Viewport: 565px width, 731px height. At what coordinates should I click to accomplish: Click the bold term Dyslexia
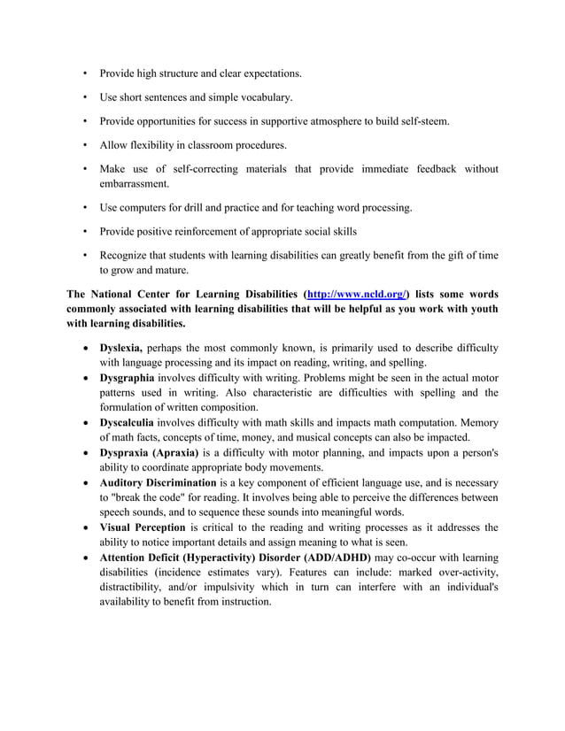(x=121, y=346)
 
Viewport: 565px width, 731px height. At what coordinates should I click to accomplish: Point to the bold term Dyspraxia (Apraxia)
(x=149, y=452)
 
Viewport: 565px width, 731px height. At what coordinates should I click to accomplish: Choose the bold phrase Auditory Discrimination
(x=158, y=482)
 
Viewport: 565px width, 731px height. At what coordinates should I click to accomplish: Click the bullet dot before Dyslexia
(x=86, y=347)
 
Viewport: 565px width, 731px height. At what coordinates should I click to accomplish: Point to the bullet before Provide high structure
(x=85, y=73)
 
